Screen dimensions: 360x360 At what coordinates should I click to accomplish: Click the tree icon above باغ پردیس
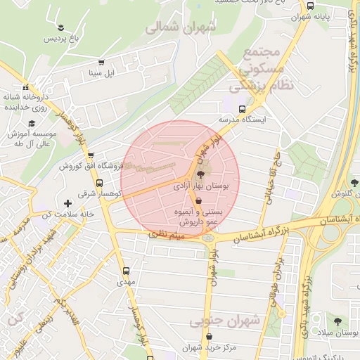coord(61,27)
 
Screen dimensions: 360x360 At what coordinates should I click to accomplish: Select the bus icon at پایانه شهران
coord(311,6)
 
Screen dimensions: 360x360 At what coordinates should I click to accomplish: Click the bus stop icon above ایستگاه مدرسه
coord(243,109)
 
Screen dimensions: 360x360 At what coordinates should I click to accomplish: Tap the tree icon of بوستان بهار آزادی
coord(201,175)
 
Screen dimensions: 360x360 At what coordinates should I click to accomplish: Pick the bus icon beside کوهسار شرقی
coord(98,183)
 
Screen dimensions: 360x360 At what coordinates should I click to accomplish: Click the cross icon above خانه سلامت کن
coord(67,203)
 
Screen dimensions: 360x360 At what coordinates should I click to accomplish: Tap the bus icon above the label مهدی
coord(126,270)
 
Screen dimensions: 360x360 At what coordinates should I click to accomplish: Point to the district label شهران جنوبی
coord(226,321)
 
